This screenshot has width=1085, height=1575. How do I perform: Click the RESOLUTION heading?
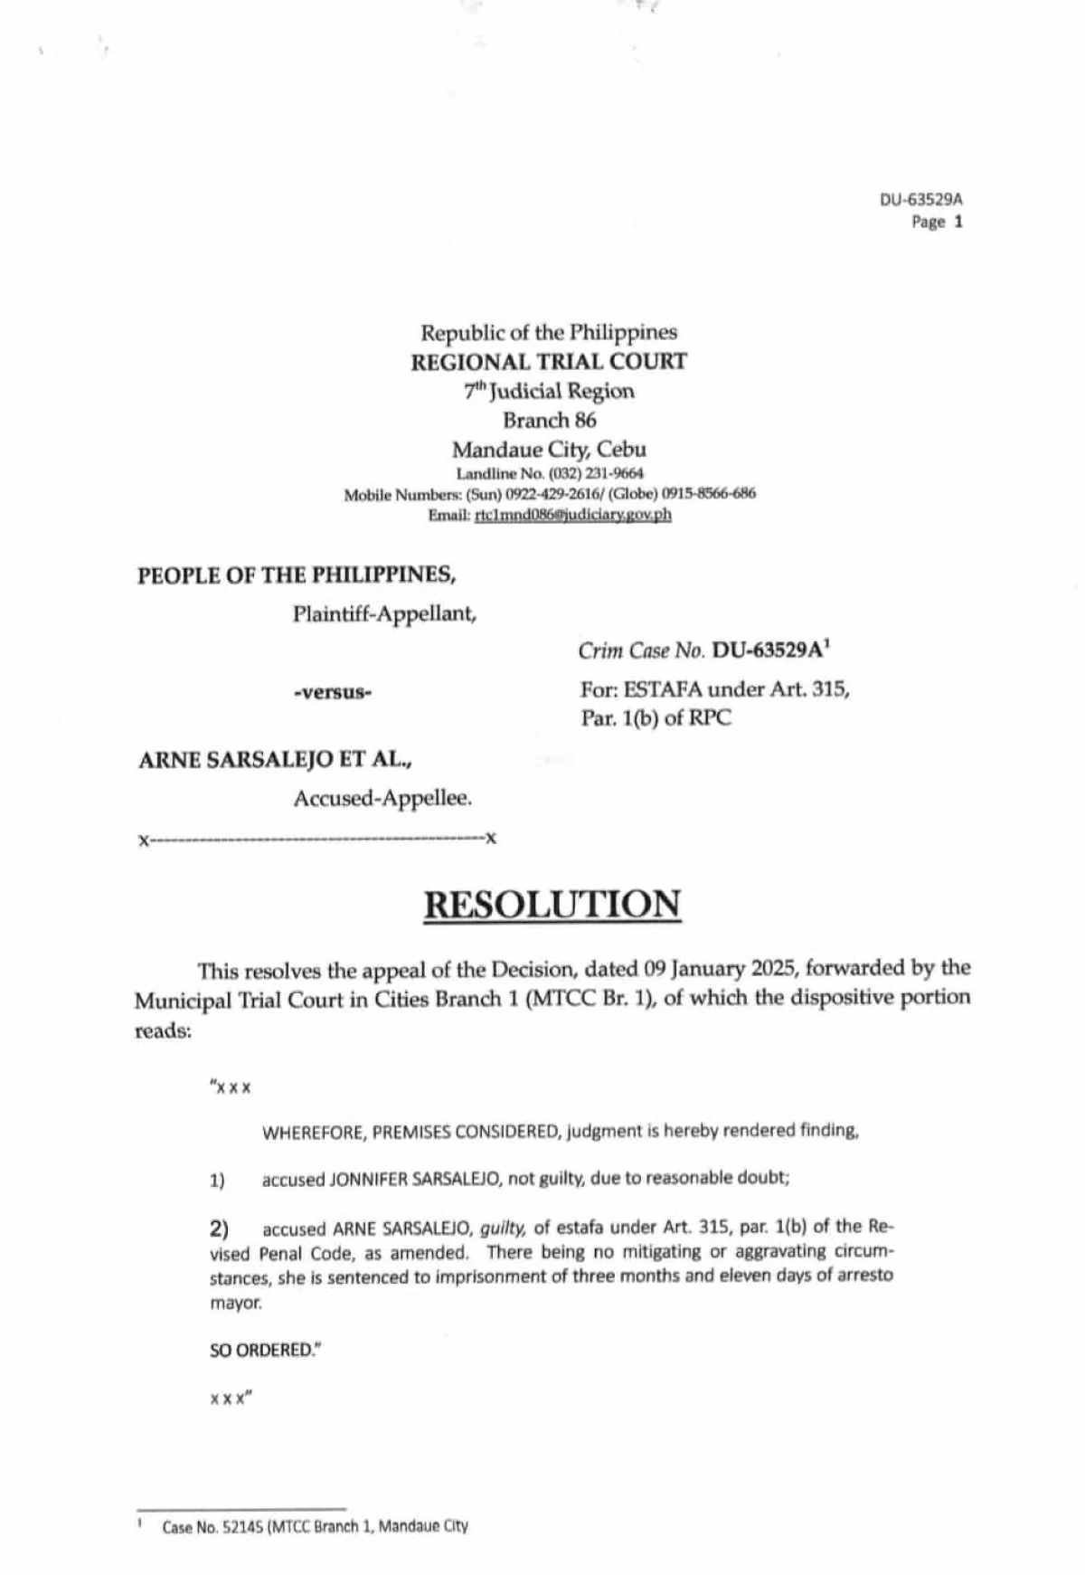tap(552, 904)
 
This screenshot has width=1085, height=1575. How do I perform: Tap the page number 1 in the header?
tap(958, 222)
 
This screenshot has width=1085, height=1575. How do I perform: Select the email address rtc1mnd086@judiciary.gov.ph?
tap(573, 515)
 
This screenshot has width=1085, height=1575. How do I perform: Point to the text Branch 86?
tap(550, 420)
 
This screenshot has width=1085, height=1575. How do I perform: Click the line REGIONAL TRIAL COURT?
tap(549, 362)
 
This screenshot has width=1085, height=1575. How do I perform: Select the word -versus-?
tap(334, 692)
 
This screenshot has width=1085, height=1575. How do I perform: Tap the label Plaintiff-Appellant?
tap(384, 613)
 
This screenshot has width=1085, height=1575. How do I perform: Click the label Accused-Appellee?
tap(382, 798)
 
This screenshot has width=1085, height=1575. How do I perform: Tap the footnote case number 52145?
tap(242, 1527)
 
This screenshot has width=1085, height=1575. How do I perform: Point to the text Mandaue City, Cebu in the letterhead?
tap(549, 450)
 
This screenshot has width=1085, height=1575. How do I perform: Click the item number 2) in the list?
tap(219, 1229)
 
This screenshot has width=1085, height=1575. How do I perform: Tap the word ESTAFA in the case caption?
tap(663, 689)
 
